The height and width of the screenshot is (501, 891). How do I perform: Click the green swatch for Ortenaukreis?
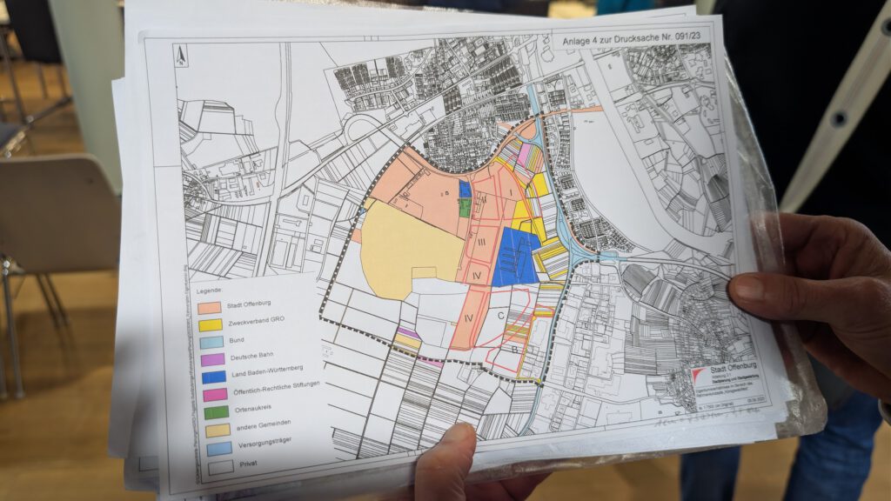coord(215,411)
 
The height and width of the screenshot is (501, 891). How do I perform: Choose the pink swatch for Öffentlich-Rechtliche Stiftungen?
coord(214,393)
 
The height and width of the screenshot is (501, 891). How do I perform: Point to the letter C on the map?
coord(501,316)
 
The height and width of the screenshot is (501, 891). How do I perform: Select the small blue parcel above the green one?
coord(465,189)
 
